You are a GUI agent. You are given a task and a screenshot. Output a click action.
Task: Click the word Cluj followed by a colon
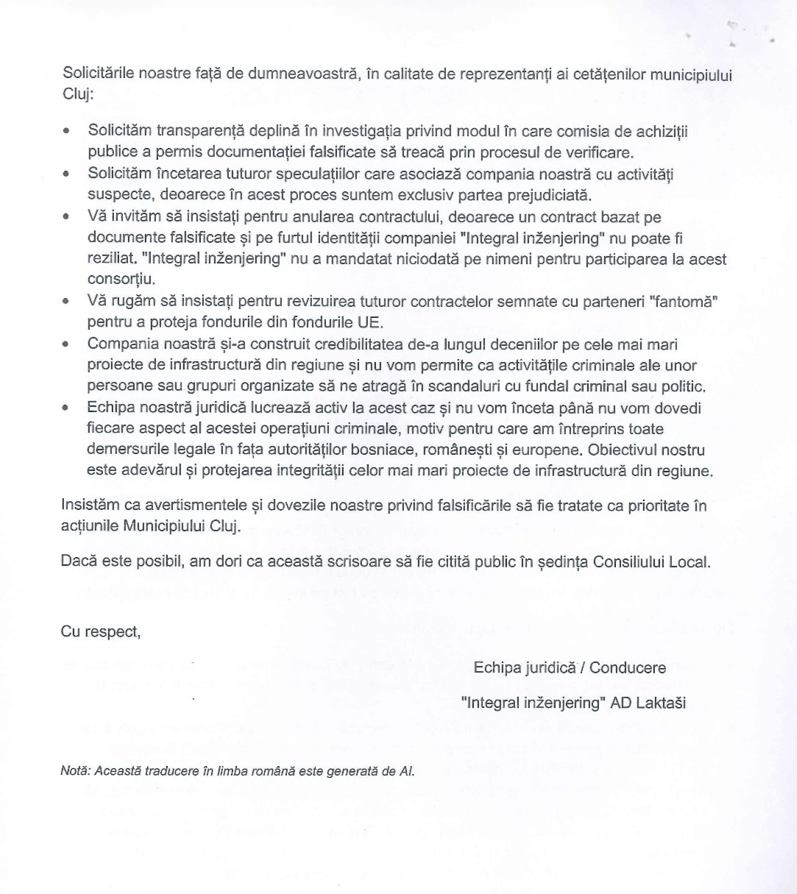tap(76, 94)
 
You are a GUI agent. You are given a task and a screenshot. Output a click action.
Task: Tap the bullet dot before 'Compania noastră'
tap(67, 344)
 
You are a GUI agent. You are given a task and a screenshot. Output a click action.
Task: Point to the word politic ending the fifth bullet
tap(684, 386)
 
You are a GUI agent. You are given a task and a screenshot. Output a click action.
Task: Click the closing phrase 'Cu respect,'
tap(101, 632)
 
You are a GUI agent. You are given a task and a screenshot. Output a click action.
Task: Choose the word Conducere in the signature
tap(627, 667)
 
